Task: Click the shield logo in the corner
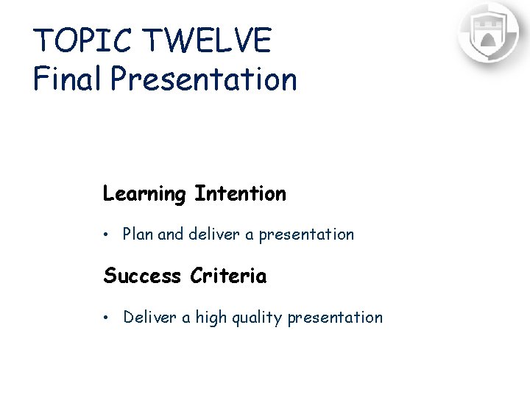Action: tap(488, 35)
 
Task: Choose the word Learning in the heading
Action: tap(144, 195)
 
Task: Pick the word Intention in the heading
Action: tap(240, 194)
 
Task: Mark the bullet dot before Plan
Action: tap(107, 235)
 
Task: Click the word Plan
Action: tap(138, 235)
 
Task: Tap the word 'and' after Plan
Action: tap(171, 235)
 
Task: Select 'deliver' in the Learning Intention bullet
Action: tap(213, 235)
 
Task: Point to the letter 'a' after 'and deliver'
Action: tap(250, 235)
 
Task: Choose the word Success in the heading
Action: tap(142, 276)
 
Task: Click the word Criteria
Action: tap(228, 276)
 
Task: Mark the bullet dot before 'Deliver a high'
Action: tap(107, 318)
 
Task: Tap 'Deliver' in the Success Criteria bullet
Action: tap(149, 317)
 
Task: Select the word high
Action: tap(213, 318)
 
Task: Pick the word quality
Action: tap(258, 318)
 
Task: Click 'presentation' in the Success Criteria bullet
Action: tap(336, 318)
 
